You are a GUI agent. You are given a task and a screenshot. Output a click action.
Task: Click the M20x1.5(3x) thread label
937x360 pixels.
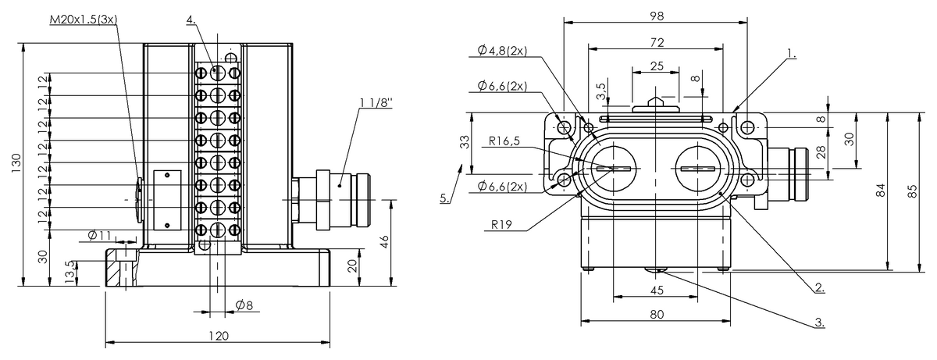(84, 20)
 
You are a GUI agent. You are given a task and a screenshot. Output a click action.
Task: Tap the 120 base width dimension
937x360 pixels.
(219, 336)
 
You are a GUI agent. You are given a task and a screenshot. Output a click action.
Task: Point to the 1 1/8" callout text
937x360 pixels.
(376, 103)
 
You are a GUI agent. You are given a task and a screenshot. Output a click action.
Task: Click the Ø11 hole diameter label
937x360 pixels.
(100, 236)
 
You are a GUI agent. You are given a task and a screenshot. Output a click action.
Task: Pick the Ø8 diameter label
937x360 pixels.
(244, 305)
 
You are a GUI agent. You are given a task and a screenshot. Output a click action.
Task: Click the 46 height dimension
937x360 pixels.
(384, 242)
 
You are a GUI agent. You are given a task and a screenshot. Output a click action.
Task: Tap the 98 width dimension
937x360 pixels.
(657, 16)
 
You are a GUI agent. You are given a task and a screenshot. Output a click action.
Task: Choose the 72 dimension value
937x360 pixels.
(657, 43)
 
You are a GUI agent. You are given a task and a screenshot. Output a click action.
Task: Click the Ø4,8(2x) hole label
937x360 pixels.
(502, 51)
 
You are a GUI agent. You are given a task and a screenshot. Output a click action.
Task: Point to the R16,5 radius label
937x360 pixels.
(504, 141)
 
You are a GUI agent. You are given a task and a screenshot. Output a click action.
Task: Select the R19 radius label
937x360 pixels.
(501, 225)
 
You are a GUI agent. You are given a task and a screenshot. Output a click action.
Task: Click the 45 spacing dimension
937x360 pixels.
(657, 290)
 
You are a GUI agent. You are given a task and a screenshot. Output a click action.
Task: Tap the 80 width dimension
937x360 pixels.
(657, 315)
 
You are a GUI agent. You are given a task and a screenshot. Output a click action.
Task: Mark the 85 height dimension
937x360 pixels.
(913, 191)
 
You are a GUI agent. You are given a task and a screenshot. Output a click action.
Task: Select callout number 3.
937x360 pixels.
(819, 323)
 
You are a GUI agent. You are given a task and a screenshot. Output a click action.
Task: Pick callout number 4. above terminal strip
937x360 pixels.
(191, 20)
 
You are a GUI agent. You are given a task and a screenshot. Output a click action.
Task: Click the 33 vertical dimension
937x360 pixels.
(465, 142)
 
